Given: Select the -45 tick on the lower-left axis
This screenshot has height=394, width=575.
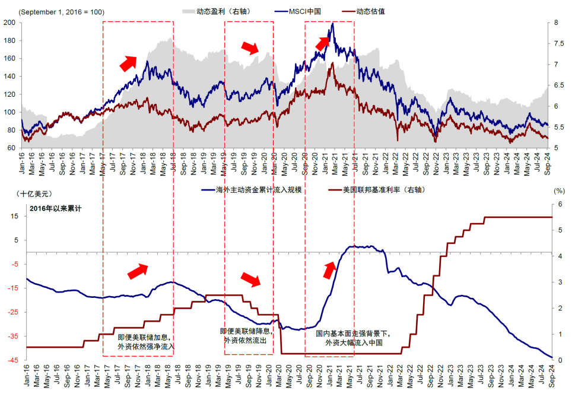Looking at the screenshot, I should tap(11, 360).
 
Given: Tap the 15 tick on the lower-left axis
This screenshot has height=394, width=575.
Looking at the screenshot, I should tap(13, 216).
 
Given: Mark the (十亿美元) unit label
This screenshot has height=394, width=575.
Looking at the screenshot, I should tap(37, 193).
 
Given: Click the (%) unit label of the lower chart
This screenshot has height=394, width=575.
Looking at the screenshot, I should tap(558, 191).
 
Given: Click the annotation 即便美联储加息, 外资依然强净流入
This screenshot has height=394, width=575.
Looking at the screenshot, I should tap(146, 341).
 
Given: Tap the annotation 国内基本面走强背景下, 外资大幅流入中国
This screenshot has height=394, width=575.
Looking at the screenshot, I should tap(354, 338).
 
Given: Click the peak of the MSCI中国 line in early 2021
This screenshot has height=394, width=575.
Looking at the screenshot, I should tap(333, 23).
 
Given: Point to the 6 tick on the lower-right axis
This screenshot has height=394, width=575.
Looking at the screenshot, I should tap(556, 204).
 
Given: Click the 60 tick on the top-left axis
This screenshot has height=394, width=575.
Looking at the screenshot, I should tap(11, 148).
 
